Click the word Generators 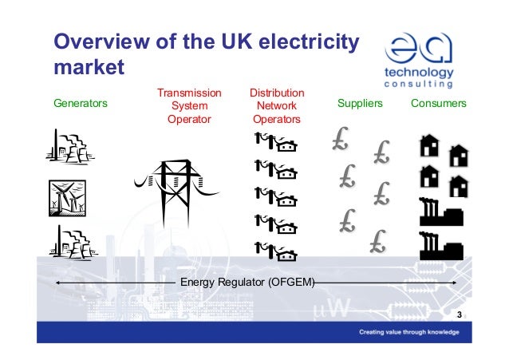tap(80, 105)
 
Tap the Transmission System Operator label tap(189, 106)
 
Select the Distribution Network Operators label tap(276, 106)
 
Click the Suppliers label tap(361, 105)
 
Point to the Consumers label tap(438, 105)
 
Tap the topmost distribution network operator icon tap(275, 144)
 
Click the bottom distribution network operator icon tap(275, 252)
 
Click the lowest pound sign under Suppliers tap(378, 239)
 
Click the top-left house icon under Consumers tap(429, 145)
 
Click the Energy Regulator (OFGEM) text tap(247, 283)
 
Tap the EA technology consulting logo tap(420, 59)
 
